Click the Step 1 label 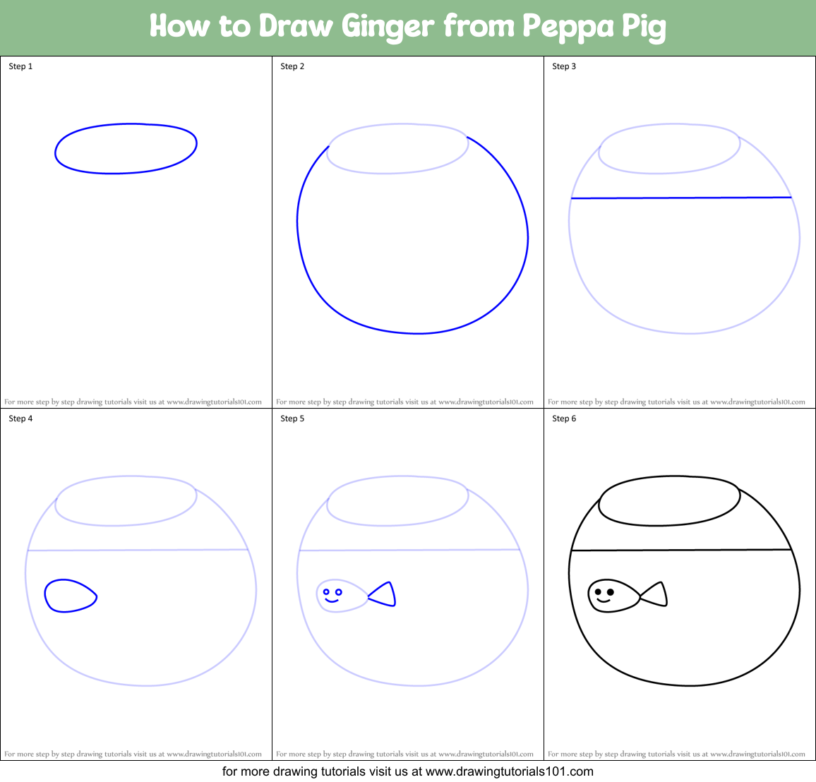point(20,66)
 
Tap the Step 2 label point(292,66)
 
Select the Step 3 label point(564,66)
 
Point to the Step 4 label point(20,419)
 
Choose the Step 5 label point(292,419)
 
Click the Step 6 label point(564,419)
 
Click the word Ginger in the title point(388,27)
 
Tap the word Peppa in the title point(568,27)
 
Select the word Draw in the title point(296,27)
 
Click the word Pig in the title point(644,27)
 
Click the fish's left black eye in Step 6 point(598,591)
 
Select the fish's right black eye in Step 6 point(611,591)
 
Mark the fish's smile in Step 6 point(604,601)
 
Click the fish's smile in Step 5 point(332,601)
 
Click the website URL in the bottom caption point(509,771)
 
